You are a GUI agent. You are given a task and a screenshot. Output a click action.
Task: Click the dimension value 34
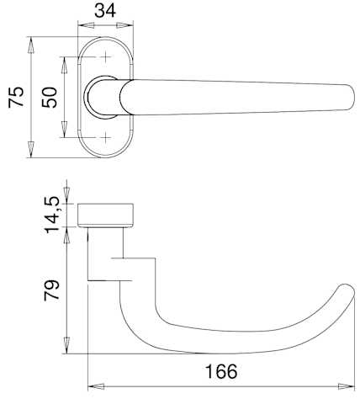point(105,11)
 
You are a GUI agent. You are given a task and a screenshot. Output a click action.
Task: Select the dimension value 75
point(16,97)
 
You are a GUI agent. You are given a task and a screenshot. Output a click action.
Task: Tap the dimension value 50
point(50,98)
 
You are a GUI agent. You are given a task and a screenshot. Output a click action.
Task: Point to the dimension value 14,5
point(52,215)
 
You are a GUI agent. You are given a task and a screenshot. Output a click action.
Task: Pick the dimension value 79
point(52,290)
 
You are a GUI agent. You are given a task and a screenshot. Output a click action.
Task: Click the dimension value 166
point(221,371)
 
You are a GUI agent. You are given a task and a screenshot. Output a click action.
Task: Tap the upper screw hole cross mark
point(106,57)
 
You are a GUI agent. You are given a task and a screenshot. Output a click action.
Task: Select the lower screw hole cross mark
point(106,137)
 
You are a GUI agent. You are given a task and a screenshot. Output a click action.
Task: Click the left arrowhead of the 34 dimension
point(86,25)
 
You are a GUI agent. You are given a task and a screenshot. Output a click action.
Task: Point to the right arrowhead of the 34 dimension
point(124,25)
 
